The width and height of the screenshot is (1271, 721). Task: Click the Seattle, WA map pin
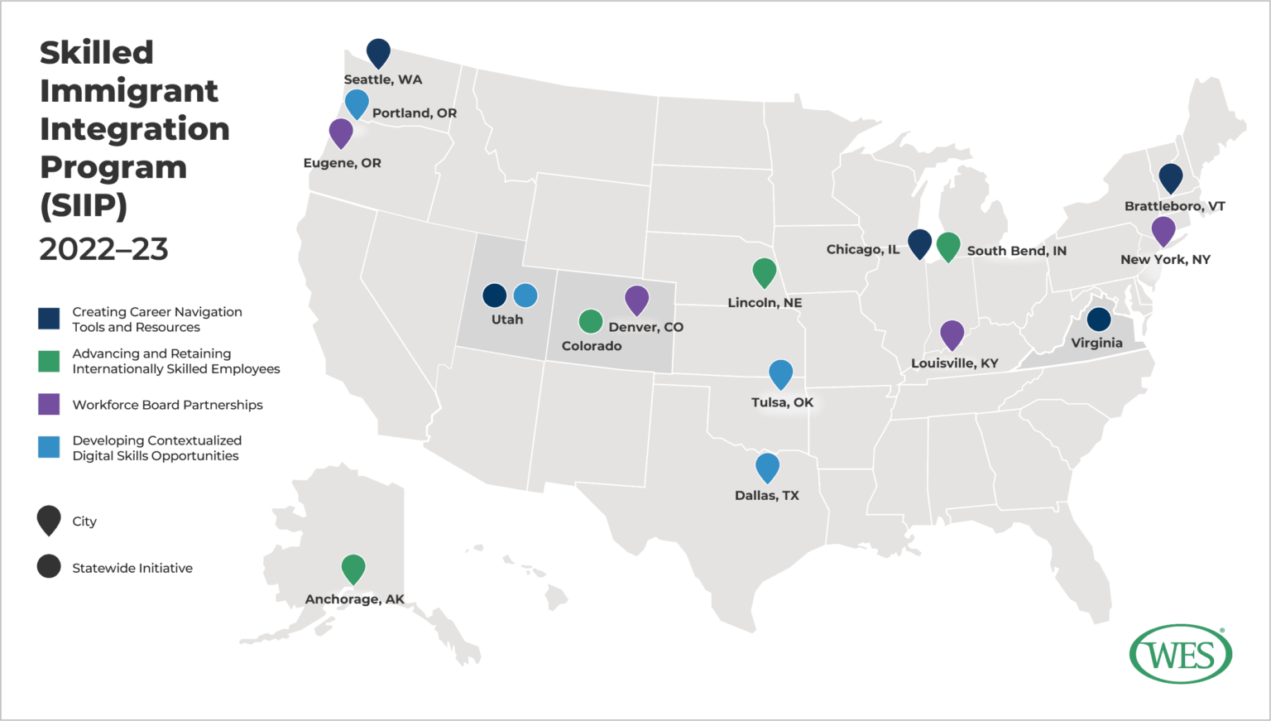[x=378, y=52]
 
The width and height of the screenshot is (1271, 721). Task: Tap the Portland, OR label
[x=414, y=113]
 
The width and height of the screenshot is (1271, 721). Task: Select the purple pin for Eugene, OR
[x=341, y=132]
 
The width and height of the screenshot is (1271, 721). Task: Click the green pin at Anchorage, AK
[x=353, y=568]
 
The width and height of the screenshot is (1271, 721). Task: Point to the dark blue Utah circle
[x=494, y=295]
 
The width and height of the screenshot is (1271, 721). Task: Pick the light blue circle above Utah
[x=525, y=295]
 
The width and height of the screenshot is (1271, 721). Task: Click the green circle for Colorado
[x=590, y=320]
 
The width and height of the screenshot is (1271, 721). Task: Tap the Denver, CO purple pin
[x=636, y=300]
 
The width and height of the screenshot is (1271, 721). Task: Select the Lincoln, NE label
[x=765, y=303]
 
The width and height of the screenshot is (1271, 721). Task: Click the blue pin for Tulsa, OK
[x=780, y=373]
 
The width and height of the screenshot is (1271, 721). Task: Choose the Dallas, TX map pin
[x=767, y=467]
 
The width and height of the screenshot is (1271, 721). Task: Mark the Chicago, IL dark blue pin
[x=919, y=243]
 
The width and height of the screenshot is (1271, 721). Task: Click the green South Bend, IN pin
[x=948, y=246]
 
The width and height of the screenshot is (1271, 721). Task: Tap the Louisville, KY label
[x=954, y=363]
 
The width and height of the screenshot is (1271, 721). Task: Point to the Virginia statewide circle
[x=1098, y=319]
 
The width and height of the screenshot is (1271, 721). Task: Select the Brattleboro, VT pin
[x=1170, y=177]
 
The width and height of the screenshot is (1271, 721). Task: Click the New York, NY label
[x=1165, y=260]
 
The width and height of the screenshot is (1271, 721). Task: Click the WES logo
[x=1181, y=654]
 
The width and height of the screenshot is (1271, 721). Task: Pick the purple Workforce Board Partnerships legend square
[x=49, y=404]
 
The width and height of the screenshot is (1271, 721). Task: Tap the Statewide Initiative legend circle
[x=49, y=566]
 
